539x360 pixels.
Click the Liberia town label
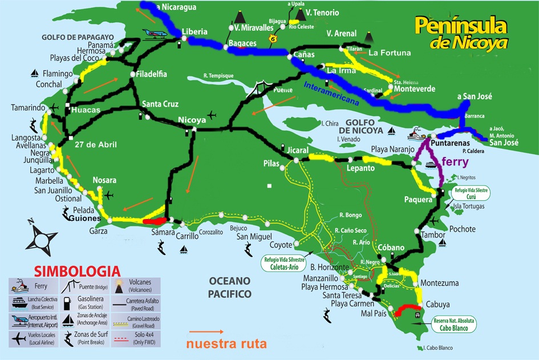tap(194, 31)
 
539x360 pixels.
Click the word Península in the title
tap(460, 25)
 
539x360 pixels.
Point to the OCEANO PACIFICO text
tap(230, 288)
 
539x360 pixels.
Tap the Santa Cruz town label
tap(160, 104)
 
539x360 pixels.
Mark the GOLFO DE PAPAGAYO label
tap(78, 37)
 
